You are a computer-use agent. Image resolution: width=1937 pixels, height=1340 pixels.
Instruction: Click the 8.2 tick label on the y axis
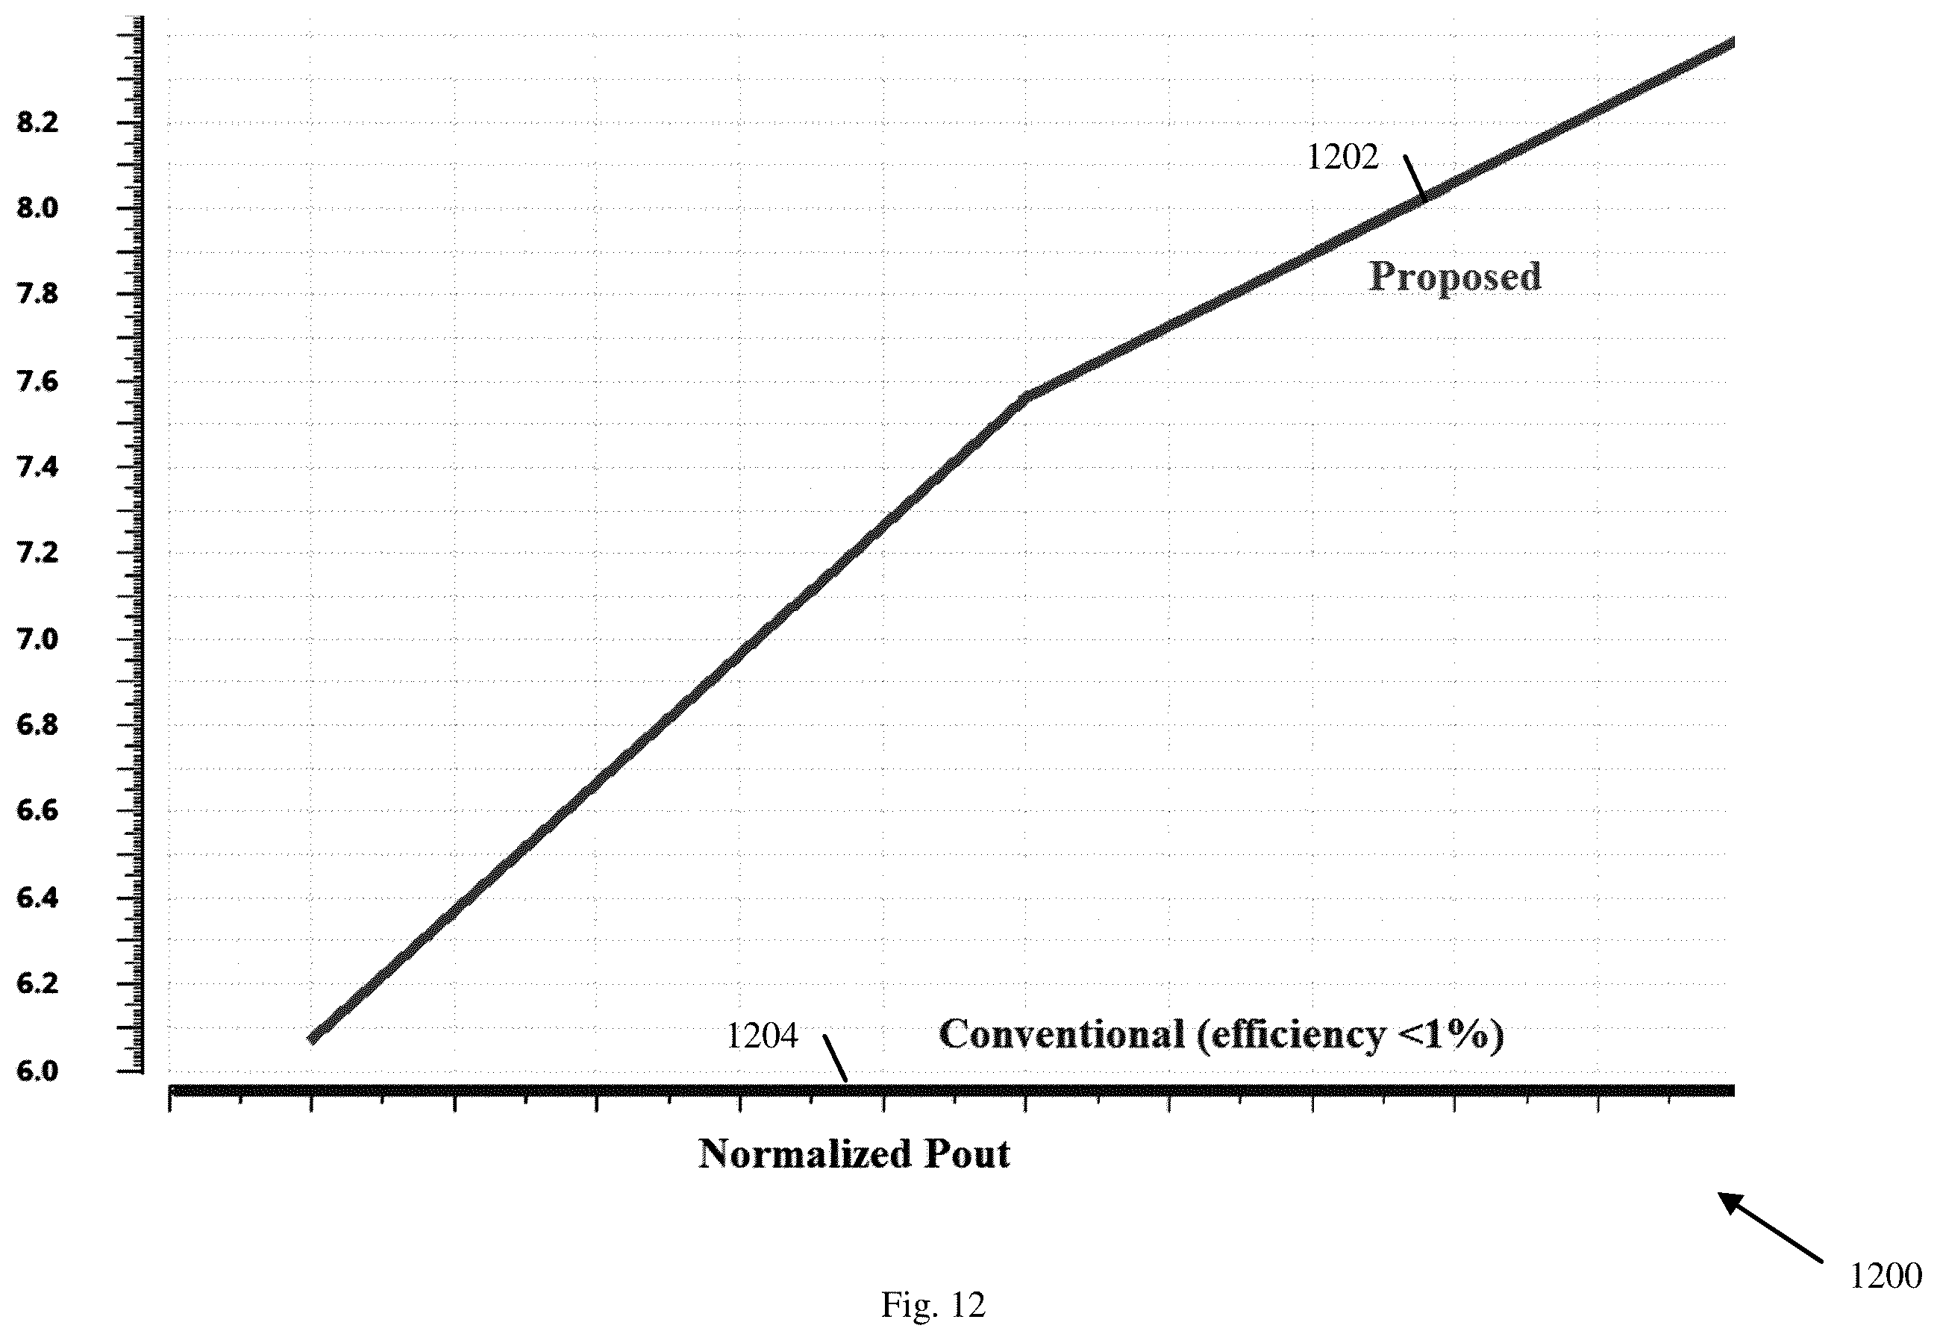pos(39,123)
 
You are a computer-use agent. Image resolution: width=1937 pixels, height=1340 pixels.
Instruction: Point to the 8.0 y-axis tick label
pos(39,208)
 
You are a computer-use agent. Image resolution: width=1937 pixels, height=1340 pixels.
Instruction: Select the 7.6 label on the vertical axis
pos(39,382)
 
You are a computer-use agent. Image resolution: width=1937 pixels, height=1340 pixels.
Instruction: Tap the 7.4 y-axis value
pos(39,468)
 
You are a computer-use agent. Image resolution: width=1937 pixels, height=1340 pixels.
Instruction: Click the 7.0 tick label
pos(39,639)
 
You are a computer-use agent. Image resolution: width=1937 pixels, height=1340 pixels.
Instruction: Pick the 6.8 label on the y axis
pos(39,725)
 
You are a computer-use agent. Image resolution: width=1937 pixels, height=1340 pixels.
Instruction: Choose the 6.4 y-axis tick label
pos(39,898)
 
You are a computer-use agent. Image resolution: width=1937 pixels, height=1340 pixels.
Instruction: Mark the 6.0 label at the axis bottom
pos(39,1071)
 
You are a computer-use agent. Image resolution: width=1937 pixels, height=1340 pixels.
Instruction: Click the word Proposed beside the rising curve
pos(1455,278)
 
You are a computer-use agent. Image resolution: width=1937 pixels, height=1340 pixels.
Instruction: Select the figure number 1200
pos(1886,1276)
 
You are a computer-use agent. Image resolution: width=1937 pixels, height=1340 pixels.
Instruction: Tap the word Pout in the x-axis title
pos(967,1154)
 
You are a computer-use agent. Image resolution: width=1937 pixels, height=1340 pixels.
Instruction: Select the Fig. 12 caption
pos(933,1305)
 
